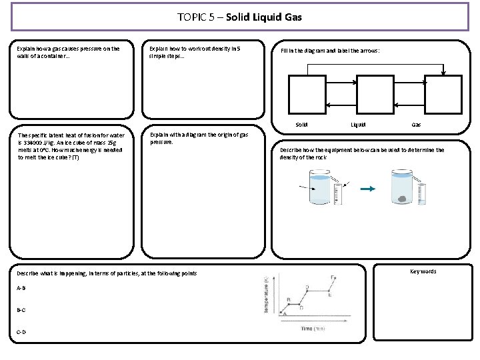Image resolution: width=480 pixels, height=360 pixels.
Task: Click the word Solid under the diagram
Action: [301, 125]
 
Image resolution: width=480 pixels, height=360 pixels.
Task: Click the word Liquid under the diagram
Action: [358, 125]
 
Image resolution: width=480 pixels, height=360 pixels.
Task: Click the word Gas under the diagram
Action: [416, 125]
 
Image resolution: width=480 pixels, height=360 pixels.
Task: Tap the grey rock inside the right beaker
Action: [403, 199]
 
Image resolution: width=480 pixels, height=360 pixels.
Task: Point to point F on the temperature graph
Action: [333, 277]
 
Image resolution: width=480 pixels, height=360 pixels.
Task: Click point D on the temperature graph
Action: [307, 287]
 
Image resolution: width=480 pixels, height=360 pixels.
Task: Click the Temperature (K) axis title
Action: [266, 295]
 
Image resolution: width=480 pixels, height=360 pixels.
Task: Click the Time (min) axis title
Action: [312, 329]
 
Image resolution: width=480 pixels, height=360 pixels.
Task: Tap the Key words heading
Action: [423, 271]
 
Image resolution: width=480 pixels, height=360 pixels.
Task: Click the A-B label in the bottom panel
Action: [21, 288]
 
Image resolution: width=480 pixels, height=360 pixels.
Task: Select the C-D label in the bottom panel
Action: [21, 331]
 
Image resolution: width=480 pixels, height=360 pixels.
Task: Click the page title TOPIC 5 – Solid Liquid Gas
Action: [240, 17]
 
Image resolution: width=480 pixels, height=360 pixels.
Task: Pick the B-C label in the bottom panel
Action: [21, 310]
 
